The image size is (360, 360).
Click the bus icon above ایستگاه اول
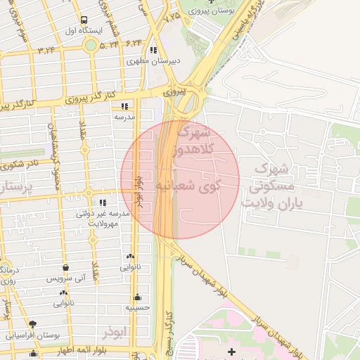(x=84, y=20)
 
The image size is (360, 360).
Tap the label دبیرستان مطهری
(x=153, y=61)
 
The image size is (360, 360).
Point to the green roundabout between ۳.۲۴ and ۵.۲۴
(x=90, y=45)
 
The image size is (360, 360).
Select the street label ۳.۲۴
(x=46, y=50)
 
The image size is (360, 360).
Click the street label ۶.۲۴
(x=134, y=44)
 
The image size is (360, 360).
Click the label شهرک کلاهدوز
(x=189, y=143)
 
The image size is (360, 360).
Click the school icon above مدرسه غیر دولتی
(x=103, y=202)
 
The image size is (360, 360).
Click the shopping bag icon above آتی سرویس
(x=65, y=268)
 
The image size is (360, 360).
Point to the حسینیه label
(x=138, y=307)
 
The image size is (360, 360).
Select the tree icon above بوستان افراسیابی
(x=32, y=324)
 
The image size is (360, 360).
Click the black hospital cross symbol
(x=233, y=349)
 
